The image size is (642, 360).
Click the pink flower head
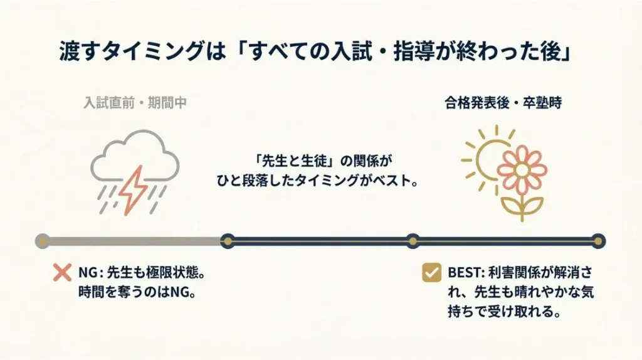tap(522, 167)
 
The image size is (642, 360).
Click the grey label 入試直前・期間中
tap(135, 103)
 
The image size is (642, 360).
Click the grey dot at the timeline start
tap(43, 241)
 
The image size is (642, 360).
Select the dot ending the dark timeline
tap(598, 241)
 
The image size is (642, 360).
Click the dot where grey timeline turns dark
tap(228, 241)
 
